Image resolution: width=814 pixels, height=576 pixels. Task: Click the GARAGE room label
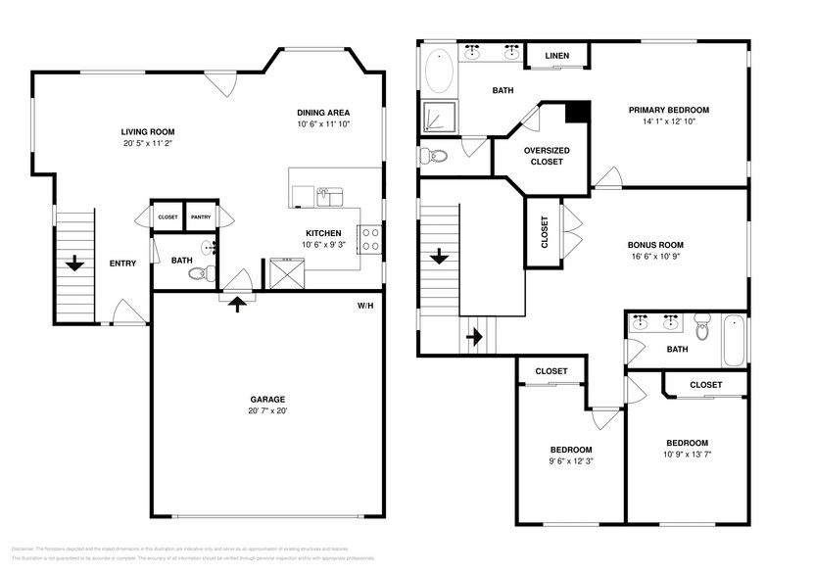(266, 399)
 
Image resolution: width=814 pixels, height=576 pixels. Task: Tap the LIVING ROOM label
(154, 131)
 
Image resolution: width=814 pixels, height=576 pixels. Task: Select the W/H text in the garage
(364, 307)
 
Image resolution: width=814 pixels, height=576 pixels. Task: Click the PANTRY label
(200, 217)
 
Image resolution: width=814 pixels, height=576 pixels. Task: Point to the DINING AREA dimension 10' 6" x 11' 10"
(323, 124)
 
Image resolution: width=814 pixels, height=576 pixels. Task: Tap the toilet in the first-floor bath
(201, 273)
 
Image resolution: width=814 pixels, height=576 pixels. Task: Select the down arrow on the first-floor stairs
(73, 263)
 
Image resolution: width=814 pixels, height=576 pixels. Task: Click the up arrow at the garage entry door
(236, 302)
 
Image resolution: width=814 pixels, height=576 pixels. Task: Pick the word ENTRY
(122, 263)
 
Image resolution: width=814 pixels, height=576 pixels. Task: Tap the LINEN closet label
(556, 57)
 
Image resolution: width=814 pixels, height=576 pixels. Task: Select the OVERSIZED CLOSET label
(547, 156)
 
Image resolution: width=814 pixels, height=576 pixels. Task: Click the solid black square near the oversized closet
(579, 113)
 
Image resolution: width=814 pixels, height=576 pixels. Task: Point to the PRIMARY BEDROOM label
(668, 110)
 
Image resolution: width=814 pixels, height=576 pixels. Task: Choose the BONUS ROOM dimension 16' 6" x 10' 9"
(655, 257)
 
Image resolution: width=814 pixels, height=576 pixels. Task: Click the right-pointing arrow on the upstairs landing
(476, 337)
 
